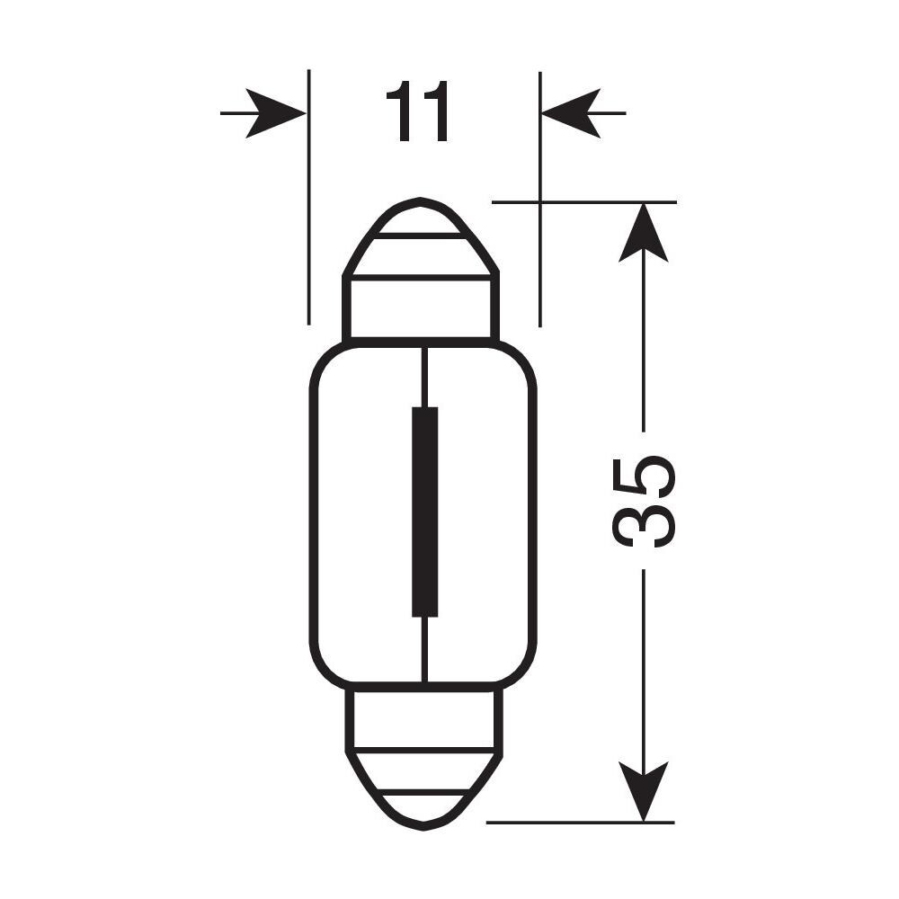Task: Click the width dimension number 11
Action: pos(417,114)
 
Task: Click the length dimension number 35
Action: pos(643,502)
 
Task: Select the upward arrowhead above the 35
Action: pos(644,234)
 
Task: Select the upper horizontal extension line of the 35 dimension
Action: pos(584,202)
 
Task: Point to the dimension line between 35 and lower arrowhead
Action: pos(644,665)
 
